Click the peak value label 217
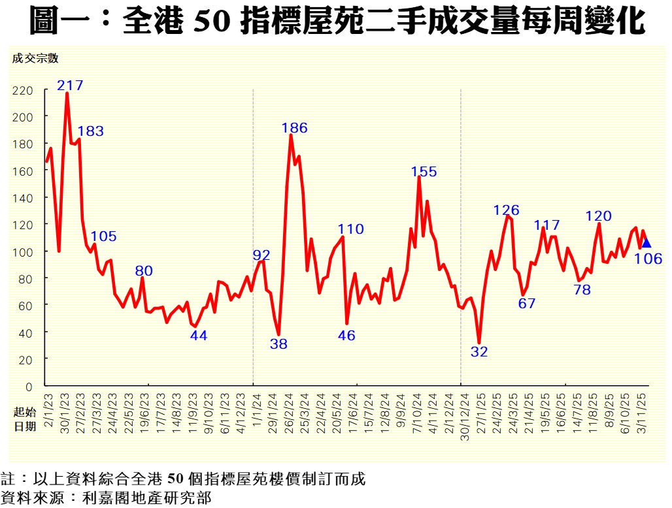click(x=70, y=85)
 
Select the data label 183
click(x=90, y=131)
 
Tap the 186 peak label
click(x=294, y=128)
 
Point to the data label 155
click(x=424, y=172)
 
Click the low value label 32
click(x=479, y=352)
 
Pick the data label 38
click(x=278, y=344)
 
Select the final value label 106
click(x=648, y=259)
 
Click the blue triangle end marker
click(x=646, y=244)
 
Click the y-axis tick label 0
click(x=28, y=387)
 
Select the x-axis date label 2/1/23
click(x=49, y=410)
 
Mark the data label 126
click(x=506, y=210)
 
